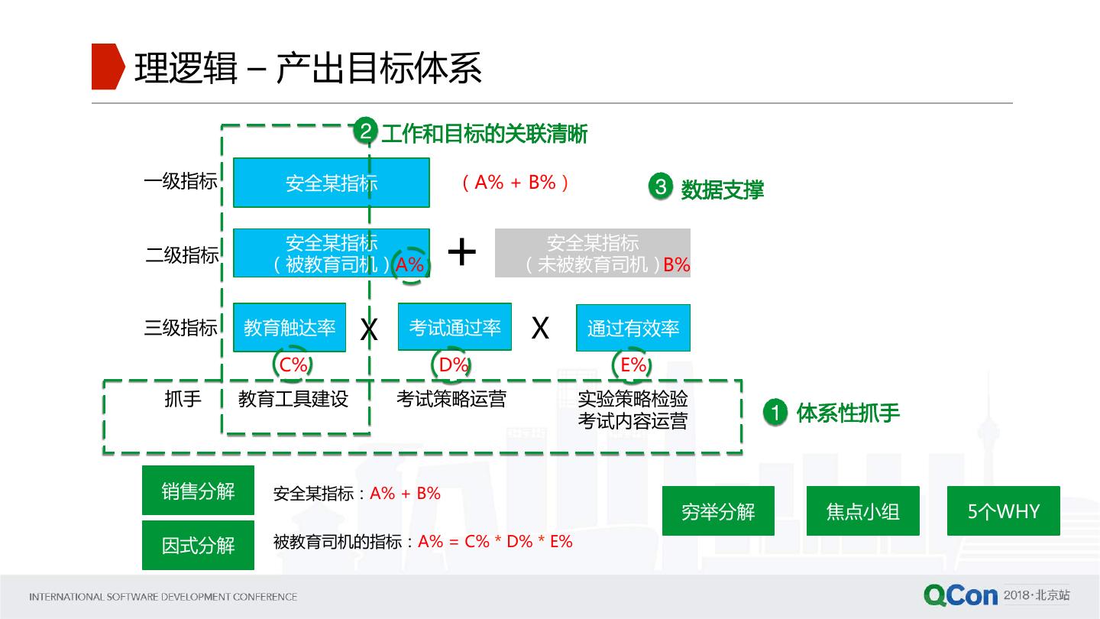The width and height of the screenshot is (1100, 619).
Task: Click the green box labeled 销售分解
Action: click(x=198, y=491)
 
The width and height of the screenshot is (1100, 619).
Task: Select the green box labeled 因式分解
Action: click(x=198, y=545)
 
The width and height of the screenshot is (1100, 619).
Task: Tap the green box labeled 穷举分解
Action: click(x=718, y=510)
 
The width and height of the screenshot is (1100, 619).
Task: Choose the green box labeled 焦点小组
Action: click(x=862, y=510)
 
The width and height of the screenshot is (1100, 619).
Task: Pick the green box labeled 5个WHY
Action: click(x=1003, y=510)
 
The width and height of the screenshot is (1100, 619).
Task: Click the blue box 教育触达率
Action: click(x=290, y=328)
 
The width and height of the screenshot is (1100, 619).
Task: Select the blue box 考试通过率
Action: click(x=455, y=328)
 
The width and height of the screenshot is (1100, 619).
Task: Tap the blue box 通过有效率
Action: click(x=632, y=329)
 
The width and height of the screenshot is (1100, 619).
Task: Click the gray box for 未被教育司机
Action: click(x=592, y=253)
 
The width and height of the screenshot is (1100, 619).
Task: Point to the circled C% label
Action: click(x=293, y=365)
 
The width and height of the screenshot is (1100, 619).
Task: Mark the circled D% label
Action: click(x=453, y=365)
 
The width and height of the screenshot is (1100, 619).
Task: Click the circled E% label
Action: click(x=633, y=365)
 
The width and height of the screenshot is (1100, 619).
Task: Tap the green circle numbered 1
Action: click(x=775, y=413)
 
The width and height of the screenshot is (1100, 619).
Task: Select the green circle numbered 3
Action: click(x=660, y=187)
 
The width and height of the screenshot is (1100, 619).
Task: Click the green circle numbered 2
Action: click(x=365, y=132)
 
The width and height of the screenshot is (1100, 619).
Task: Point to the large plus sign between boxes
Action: click(x=461, y=251)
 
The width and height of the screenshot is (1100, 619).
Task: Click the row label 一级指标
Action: click(x=180, y=182)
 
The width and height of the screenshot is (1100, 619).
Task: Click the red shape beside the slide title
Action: click(x=107, y=66)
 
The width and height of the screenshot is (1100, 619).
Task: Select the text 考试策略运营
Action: click(x=451, y=399)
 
